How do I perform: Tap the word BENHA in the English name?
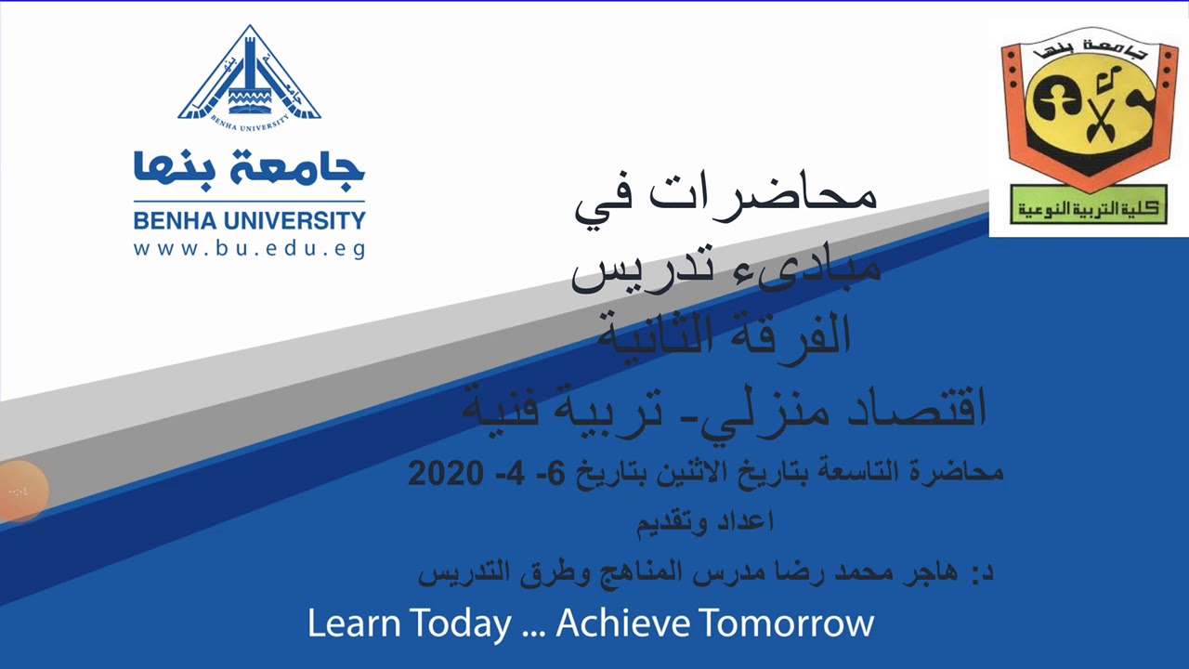tap(176, 221)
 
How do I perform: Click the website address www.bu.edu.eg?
tap(249, 249)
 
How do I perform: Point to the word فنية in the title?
tap(506, 409)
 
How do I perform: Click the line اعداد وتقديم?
tap(706, 522)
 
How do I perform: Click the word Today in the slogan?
tap(461, 623)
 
